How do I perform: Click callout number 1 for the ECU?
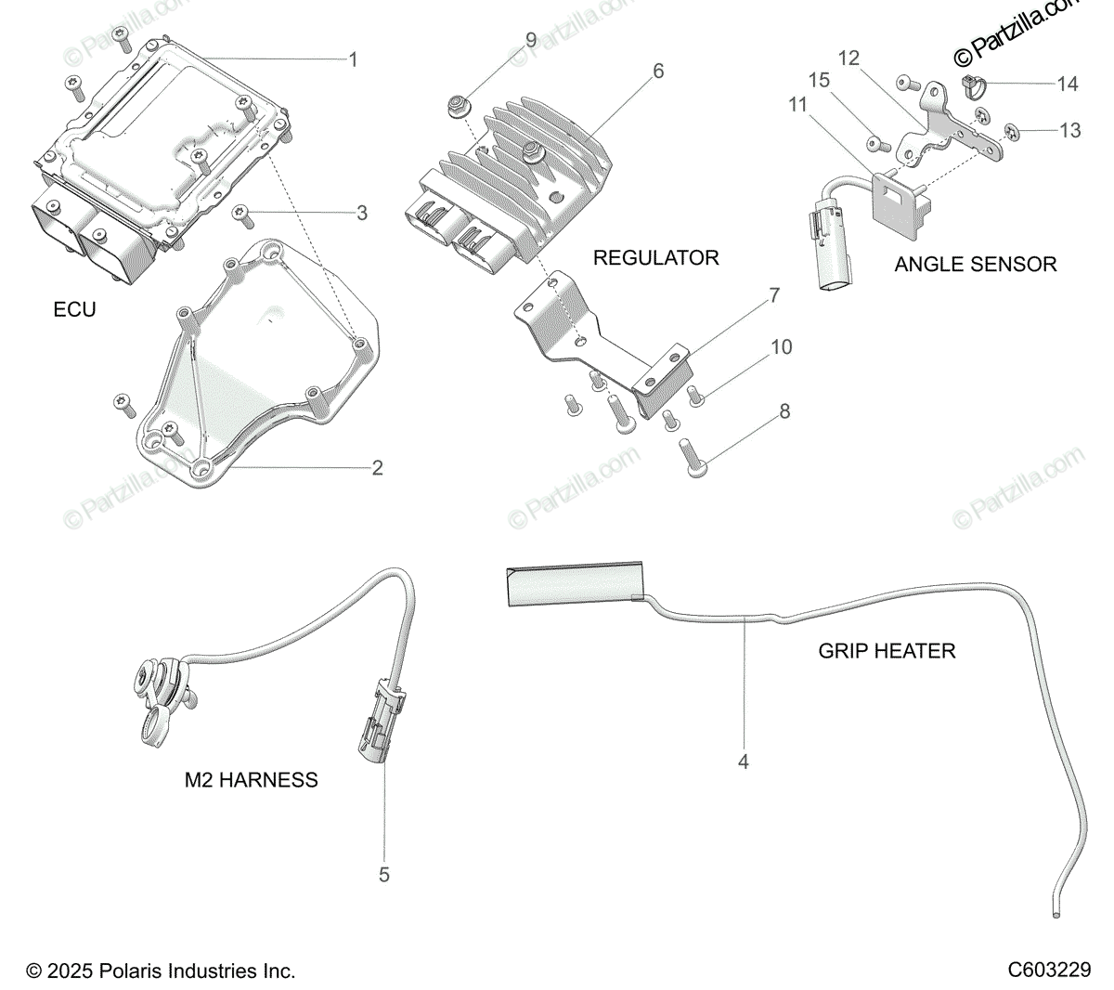coord(353,60)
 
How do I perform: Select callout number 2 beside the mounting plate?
coord(377,467)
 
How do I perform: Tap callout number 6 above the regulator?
coord(658,72)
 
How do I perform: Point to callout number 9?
coord(531,40)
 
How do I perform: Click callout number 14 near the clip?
coord(1068,85)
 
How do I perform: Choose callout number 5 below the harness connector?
coord(384,874)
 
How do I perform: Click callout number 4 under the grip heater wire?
coord(743,762)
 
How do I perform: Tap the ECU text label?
coord(74,309)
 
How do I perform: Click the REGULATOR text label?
coord(656,257)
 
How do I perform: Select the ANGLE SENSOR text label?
coord(975,264)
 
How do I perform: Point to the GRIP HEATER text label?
coord(887,650)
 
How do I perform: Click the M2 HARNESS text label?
coord(251,780)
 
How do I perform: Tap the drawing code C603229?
coord(1049,970)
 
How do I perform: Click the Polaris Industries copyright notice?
coord(161,971)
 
